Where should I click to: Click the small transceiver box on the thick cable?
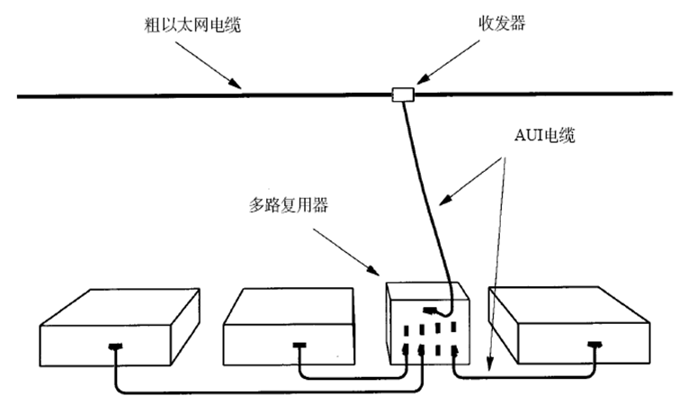click(x=402, y=94)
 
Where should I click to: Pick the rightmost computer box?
click(x=576, y=328)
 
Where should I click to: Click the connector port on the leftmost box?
click(x=114, y=346)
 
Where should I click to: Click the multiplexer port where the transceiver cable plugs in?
click(x=432, y=311)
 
